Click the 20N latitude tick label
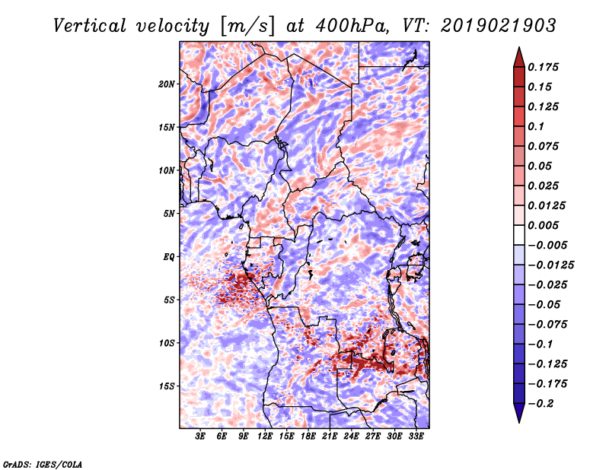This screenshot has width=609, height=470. tap(167, 84)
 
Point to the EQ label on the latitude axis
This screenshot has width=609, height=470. tap(169, 257)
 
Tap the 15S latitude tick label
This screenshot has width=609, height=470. tap(167, 386)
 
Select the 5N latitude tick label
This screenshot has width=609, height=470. tap(169, 214)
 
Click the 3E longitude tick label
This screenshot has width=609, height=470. tap(200, 437)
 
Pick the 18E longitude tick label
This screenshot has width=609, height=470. tap(308, 437)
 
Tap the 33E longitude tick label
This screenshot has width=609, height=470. tap(416, 437)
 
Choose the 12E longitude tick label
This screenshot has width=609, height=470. tap(264, 437)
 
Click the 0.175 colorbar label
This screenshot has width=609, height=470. tap(543, 67)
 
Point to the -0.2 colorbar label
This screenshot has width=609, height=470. tap(540, 404)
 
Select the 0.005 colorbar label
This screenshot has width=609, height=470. tap(543, 225)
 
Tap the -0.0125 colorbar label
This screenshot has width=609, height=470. tap(550, 265)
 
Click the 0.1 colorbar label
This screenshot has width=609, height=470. tap(536, 126)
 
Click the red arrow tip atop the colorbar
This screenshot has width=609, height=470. tap(519, 47)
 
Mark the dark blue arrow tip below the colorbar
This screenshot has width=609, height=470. tap(519, 423)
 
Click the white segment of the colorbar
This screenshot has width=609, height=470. tap(519, 235)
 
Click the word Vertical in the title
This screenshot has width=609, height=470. tap(90, 26)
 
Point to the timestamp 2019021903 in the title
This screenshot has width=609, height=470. tap(499, 26)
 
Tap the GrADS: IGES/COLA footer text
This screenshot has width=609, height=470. tap(43, 464)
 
